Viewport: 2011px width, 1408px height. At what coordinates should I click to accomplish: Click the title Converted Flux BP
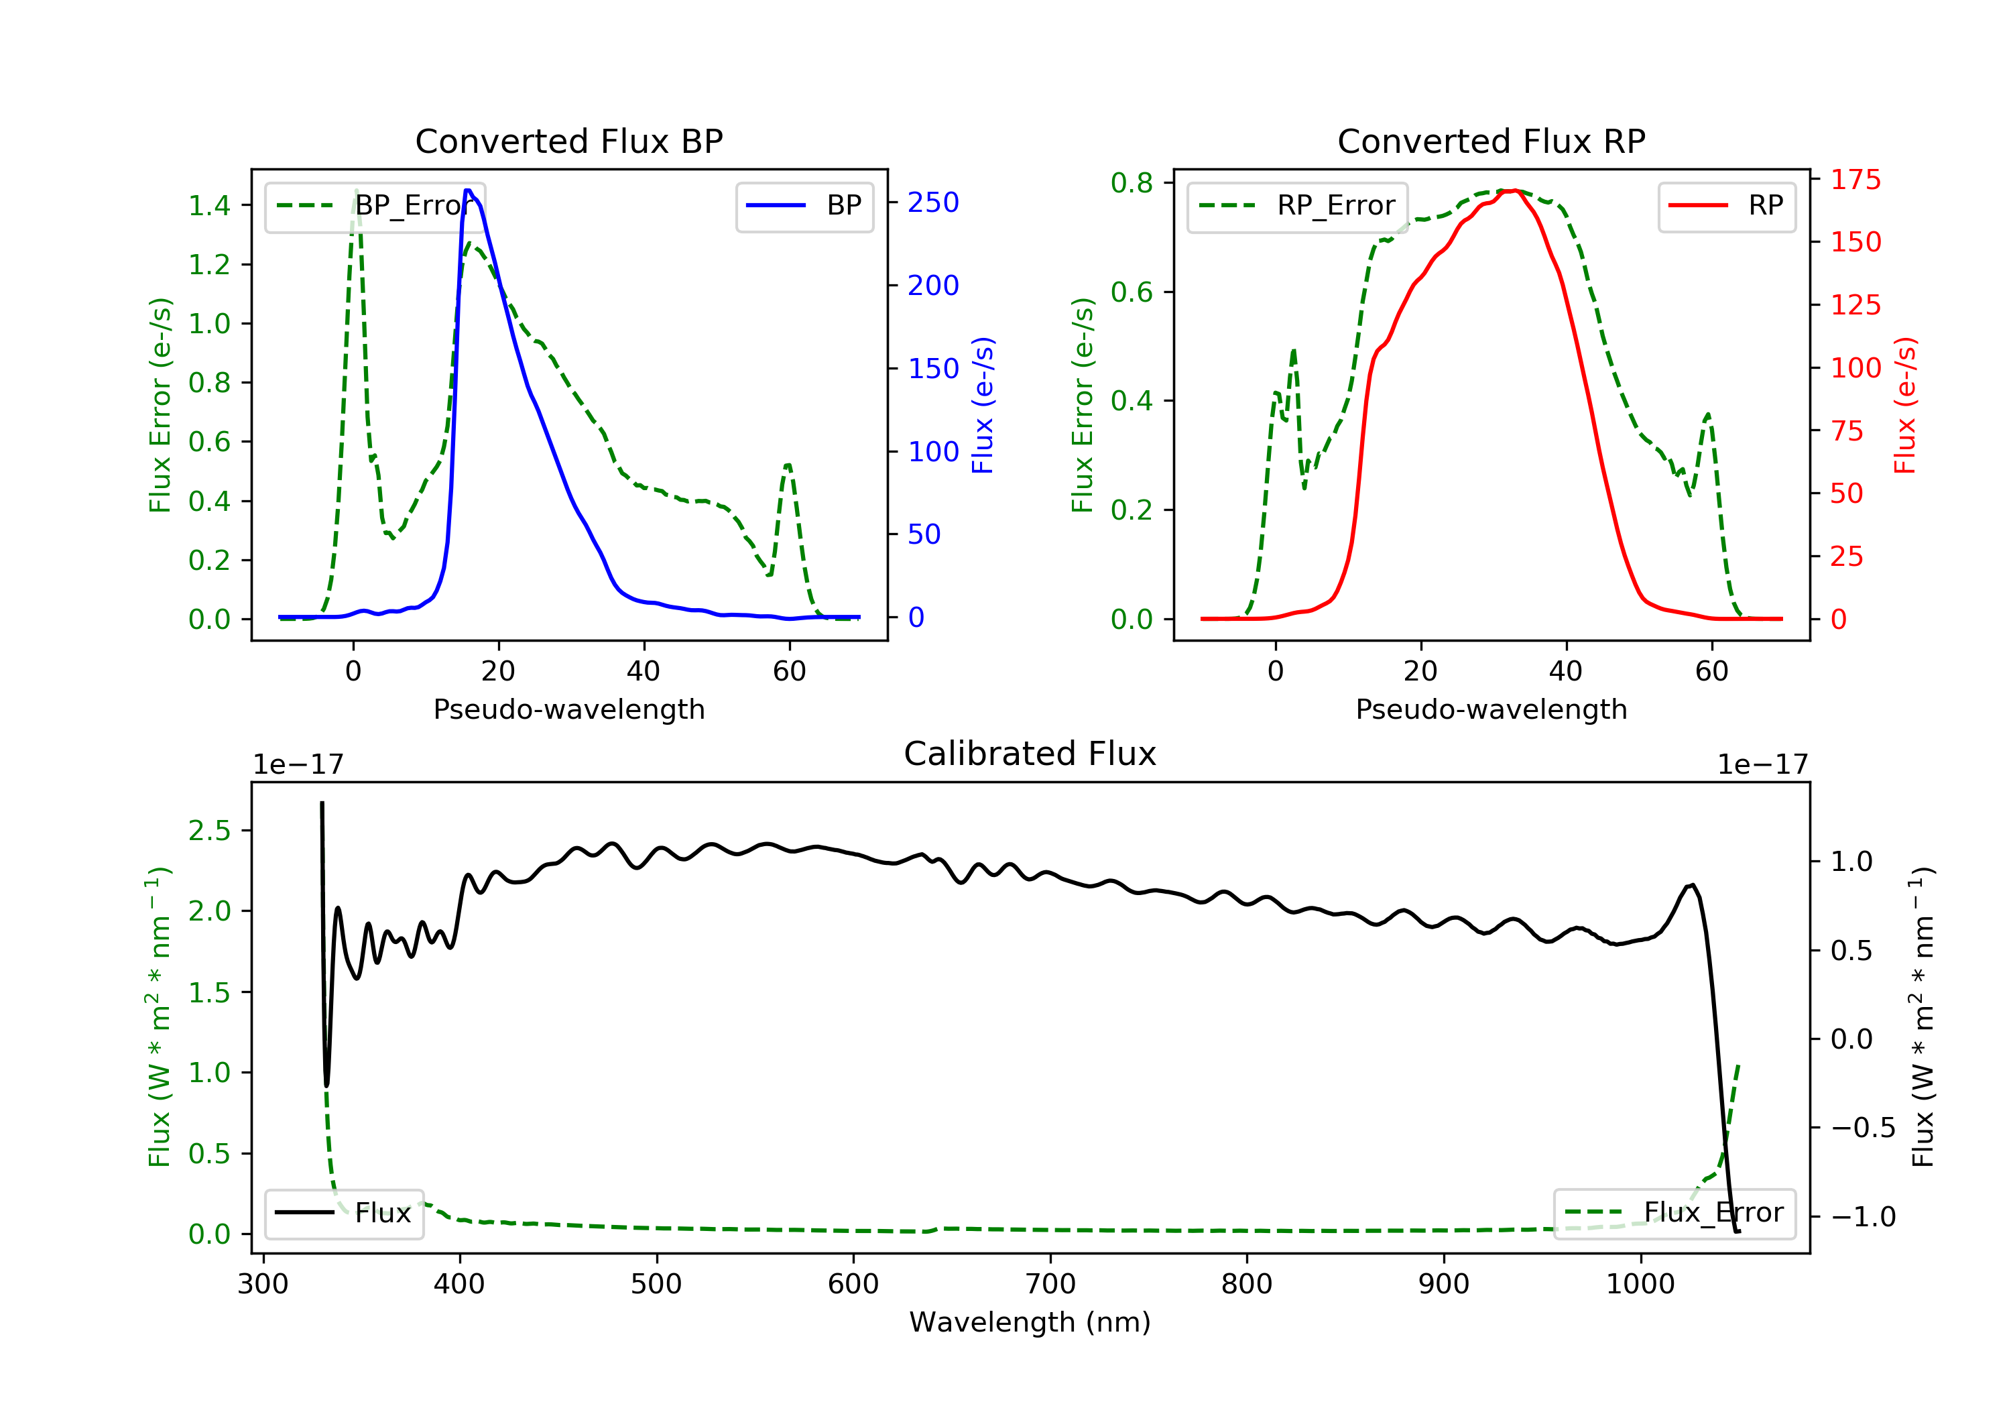568,141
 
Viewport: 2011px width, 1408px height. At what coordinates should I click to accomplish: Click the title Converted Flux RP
1491,141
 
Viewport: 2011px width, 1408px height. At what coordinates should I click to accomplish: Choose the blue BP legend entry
804,206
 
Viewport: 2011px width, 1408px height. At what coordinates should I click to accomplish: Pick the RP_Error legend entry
1296,206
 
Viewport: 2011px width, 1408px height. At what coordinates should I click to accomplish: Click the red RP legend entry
1725,206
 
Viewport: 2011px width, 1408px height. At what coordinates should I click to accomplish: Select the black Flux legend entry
343,1213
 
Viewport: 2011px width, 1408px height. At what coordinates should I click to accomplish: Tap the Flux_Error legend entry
1674,1214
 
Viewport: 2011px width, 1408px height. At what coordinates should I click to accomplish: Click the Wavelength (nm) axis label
1030,1322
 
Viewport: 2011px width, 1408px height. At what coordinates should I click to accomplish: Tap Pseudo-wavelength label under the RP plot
1491,709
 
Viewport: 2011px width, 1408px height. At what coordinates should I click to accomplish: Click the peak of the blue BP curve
468,190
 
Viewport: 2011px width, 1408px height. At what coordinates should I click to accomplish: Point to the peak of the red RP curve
1514,190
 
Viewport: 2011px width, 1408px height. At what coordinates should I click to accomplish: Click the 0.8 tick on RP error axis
1132,182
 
